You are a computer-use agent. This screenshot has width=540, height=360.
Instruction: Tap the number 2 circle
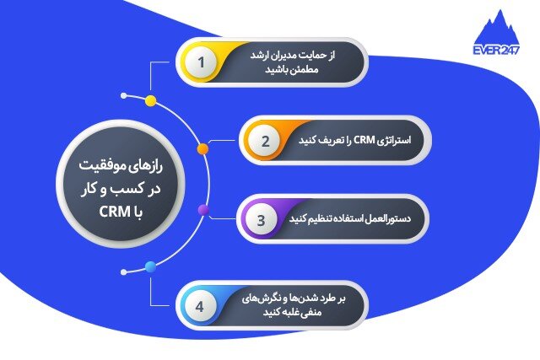pyautogui.click(x=264, y=142)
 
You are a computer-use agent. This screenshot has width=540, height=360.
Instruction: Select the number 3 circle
pyautogui.click(x=262, y=221)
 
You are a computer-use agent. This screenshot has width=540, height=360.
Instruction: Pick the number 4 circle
pyautogui.click(x=200, y=305)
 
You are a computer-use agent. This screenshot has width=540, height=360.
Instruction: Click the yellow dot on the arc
pyautogui.click(x=150, y=101)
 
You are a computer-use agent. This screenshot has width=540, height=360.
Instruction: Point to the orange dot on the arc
pyautogui.click(x=202, y=148)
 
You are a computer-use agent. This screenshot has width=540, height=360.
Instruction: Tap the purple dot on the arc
pyautogui.click(x=202, y=209)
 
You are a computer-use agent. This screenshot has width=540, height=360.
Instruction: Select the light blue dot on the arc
pyautogui.click(x=150, y=267)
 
